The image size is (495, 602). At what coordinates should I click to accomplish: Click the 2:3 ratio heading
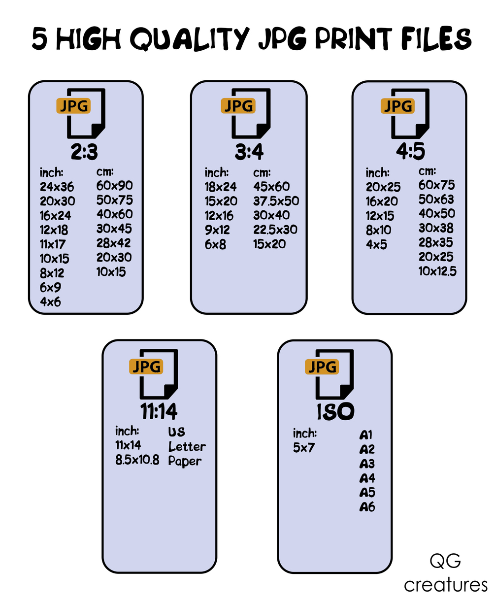point(84,153)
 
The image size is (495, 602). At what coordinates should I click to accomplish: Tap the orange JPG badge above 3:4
point(238,106)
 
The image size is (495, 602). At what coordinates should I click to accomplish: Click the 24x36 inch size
point(57,187)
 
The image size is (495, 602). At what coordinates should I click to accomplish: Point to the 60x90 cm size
point(114,186)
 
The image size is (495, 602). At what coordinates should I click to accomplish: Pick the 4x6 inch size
point(50,302)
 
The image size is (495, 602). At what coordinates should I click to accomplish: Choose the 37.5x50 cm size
point(276,201)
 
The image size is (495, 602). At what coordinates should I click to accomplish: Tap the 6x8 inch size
point(215,244)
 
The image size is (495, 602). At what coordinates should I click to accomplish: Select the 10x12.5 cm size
point(437,271)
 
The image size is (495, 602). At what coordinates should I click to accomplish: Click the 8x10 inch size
point(378,230)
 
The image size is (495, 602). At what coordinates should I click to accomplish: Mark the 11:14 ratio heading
point(159,411)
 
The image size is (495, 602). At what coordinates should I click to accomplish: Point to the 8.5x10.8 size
point(137,461)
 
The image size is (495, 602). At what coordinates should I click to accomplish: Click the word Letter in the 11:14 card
point(187,447)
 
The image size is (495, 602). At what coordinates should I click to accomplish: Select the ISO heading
point(335,412)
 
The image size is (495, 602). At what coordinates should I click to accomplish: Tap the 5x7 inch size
point(303,448)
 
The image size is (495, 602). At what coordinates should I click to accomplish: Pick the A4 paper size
point(367,478)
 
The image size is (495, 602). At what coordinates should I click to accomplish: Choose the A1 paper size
point(366,435)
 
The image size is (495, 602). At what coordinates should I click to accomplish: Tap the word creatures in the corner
point(445,585)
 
